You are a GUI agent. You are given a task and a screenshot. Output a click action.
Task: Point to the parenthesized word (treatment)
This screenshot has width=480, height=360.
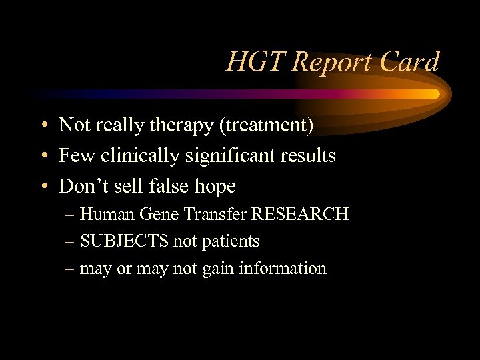tap(267, 125)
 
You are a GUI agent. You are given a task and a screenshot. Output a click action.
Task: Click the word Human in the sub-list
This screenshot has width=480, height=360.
tap(109, 214)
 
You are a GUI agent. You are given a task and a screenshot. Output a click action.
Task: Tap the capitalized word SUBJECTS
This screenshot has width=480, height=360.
tap(125, 241)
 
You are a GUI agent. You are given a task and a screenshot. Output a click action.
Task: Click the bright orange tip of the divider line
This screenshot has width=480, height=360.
tap(435, 94)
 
